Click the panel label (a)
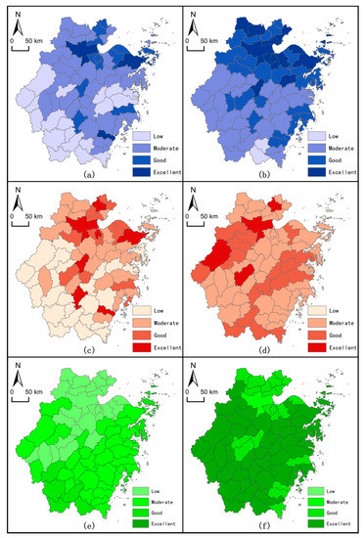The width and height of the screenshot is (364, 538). [90, 173]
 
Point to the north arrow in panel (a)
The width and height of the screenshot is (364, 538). [17, 22]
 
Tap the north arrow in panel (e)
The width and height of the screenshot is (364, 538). [17, 377]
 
